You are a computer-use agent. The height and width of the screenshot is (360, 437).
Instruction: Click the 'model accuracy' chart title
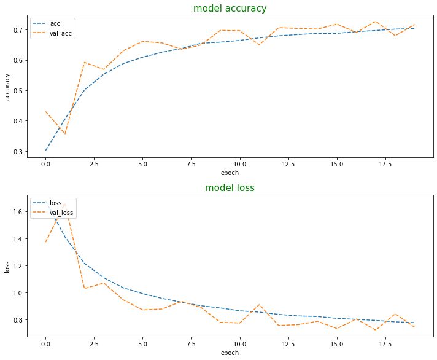click(230, 9)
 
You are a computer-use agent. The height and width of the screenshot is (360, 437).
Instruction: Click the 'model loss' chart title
click(230, 188)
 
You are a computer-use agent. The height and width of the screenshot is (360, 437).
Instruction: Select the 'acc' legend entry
click(55, 23)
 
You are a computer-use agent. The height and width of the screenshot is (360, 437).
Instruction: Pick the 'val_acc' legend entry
click(61, 34)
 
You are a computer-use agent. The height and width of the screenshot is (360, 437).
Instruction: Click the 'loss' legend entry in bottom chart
click(57, 202)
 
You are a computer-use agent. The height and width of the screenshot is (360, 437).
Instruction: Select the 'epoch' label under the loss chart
click(230, 353)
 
